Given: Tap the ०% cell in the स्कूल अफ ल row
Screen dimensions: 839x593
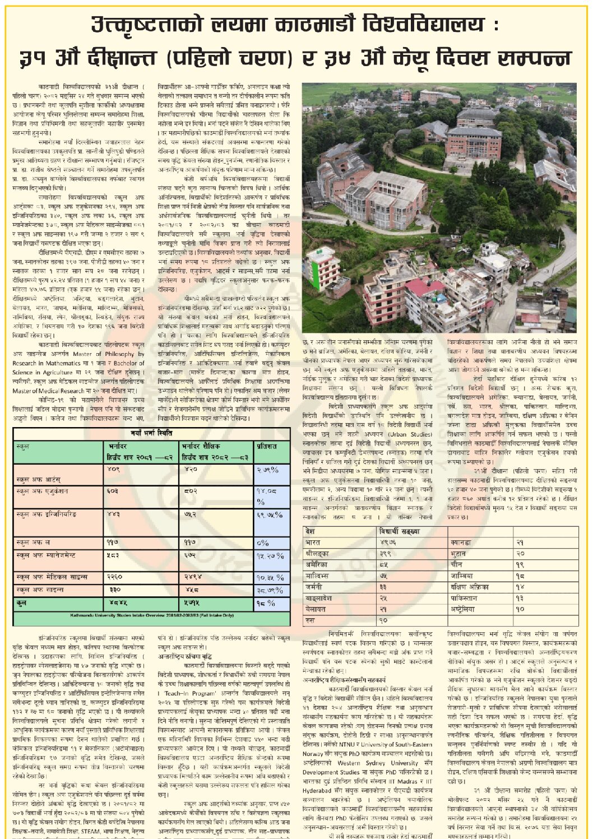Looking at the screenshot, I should (x=263, y=542).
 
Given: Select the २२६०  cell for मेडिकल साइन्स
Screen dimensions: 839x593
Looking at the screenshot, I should (x=115, y=577).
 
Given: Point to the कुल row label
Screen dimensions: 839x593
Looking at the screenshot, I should (x=22, y=603).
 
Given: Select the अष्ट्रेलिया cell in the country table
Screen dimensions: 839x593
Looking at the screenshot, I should (x=464, y=609).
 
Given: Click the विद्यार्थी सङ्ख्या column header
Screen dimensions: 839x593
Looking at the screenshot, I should (x=400, y=531).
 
